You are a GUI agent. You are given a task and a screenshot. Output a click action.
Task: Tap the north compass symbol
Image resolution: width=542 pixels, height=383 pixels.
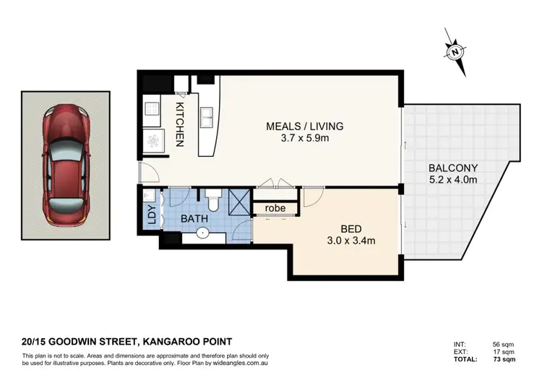(x=454, y=51)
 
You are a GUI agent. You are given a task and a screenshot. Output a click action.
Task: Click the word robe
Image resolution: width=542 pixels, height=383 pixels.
(x=275, y=208)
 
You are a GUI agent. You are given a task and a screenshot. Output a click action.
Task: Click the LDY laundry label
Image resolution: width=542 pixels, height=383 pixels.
(x=151, y=215)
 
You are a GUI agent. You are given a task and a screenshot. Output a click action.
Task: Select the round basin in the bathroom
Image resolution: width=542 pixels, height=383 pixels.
(x=202, y=233)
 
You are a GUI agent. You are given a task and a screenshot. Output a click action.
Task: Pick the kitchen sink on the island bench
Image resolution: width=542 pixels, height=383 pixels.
(x=206, y=119)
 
